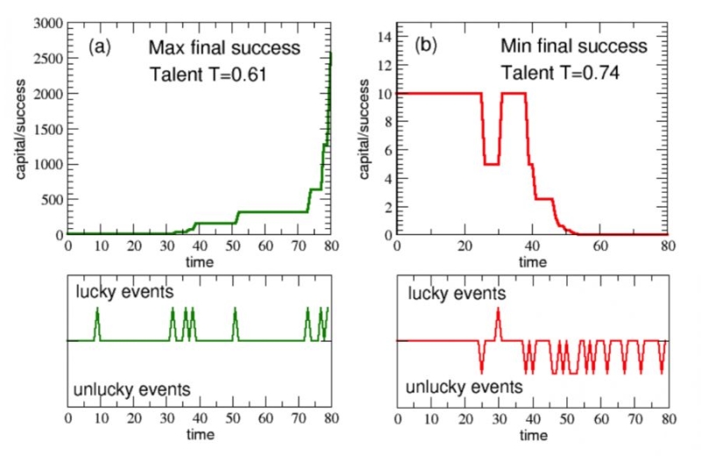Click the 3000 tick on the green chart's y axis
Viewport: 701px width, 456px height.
click(x=46, y=22)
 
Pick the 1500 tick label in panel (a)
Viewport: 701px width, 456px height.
click(x=46, y=128)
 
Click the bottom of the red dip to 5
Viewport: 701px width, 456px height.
click(x=492, y=164)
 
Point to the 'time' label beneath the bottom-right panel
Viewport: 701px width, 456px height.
click(x=533, y=435)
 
